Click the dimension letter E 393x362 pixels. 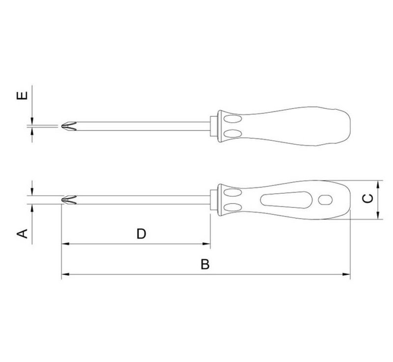point(22,96)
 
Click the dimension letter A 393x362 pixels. point(22,233)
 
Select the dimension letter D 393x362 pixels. point(141,234)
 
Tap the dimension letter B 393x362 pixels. point(205,264)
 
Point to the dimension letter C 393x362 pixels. point(368,199)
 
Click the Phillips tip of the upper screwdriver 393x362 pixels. point(69,126)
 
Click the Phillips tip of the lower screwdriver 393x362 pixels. point(69,200)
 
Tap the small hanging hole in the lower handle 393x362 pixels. point(325,200)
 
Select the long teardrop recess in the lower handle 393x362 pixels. point(286,200)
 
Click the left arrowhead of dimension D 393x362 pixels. point(65,244)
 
